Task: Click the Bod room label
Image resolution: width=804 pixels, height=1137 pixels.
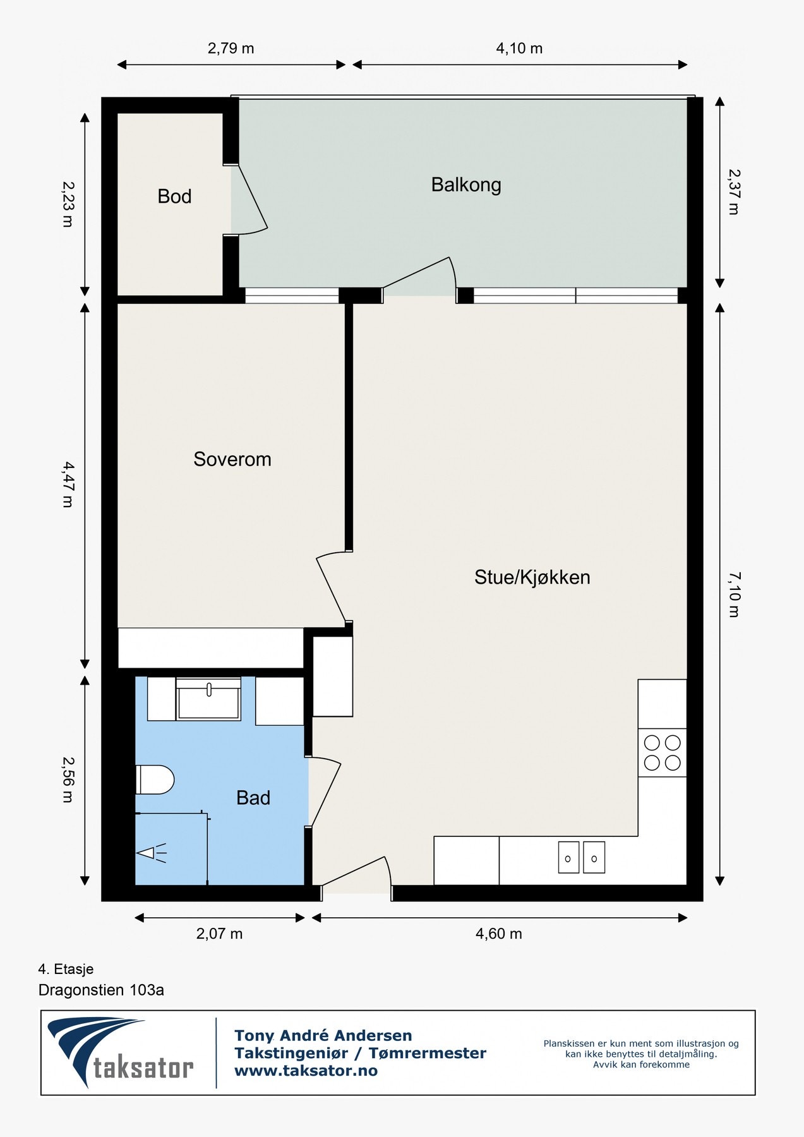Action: coord(174,196)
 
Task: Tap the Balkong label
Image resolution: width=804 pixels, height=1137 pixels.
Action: coord(466,185)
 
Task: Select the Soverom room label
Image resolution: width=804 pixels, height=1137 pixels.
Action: coord(232,459)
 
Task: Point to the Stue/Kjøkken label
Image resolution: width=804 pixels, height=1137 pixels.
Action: coord(532,577)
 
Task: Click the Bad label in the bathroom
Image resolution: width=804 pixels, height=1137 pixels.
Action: coord(253,798)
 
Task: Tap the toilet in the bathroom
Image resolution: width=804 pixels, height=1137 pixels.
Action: coord(155,780)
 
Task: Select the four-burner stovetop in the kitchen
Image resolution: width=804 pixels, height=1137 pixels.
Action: coord(662,752)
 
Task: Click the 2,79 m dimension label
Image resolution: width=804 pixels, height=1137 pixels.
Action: coord(231,49)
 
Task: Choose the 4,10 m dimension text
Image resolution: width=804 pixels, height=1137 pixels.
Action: coord(519,49)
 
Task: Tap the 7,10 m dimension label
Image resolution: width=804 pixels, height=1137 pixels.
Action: coord(734,594)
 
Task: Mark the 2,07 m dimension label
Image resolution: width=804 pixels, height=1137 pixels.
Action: coord(219,934)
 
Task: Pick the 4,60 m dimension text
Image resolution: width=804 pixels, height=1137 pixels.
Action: coord(499,934)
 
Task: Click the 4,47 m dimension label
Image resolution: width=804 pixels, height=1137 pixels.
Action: coord(68,484)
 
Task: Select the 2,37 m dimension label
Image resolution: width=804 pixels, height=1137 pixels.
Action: coord(734,191)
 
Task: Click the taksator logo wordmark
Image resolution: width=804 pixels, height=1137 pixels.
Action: coord(143,1068)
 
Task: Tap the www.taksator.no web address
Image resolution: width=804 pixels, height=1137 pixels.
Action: coord(306,1071)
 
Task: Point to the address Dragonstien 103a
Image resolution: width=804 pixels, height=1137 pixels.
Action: coord(101,990)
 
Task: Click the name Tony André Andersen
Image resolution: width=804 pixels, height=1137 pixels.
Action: coord(323,1035)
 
